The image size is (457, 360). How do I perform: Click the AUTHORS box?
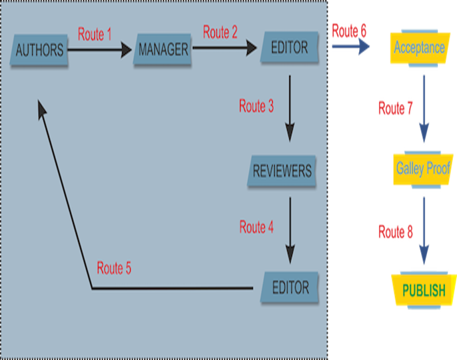click(40, 49)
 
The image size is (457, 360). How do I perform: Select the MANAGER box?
click(163, 50)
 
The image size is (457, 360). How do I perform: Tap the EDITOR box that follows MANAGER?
click(290, 47)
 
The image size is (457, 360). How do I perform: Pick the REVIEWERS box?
click(282, 171)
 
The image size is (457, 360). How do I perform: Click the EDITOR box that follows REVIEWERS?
click(290, 287)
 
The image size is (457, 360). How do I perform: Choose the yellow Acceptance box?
click(419, 48)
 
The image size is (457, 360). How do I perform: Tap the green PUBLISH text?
click(424, 290)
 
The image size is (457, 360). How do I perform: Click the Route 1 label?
click(95, 35)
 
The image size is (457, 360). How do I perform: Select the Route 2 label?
click(220, 32)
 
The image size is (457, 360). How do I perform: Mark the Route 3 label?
click(256, 106)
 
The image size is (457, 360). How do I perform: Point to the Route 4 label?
click(256, 227)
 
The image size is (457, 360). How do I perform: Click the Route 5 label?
click(114, 269)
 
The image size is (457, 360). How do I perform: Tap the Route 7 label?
click(396, 107)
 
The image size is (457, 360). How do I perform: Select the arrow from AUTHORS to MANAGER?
click(100, 50)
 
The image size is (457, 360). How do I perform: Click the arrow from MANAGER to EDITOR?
click(225, 48)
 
